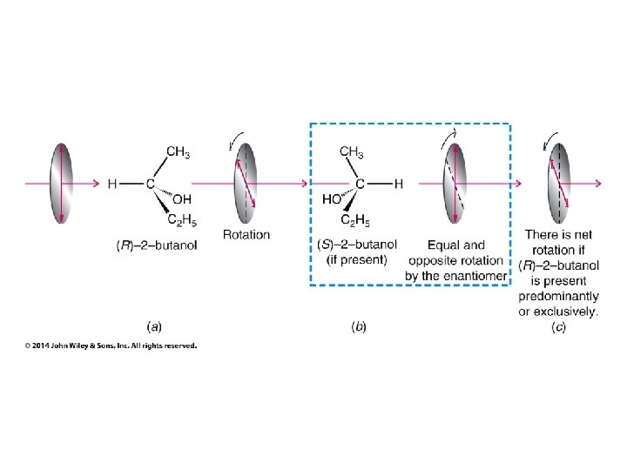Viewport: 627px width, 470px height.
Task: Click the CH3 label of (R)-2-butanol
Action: click(178, 153)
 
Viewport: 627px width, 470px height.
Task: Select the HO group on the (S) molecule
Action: click(332, 199)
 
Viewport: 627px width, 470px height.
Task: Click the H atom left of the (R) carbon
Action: click(112, 185)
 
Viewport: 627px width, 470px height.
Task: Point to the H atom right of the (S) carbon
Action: click(398, 185)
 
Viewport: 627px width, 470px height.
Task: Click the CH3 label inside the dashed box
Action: click(352, 153)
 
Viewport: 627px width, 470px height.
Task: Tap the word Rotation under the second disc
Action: click(246, 234)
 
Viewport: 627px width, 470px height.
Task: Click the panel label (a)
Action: click(153, 327)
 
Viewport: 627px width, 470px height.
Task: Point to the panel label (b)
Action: click(359, 327)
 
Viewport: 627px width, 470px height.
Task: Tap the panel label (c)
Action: click(561, 327)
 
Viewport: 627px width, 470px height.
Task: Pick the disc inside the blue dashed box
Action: click(455, 184)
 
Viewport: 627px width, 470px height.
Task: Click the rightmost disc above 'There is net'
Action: click(559, 184)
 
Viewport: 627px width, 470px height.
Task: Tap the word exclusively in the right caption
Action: click(569, 312)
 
